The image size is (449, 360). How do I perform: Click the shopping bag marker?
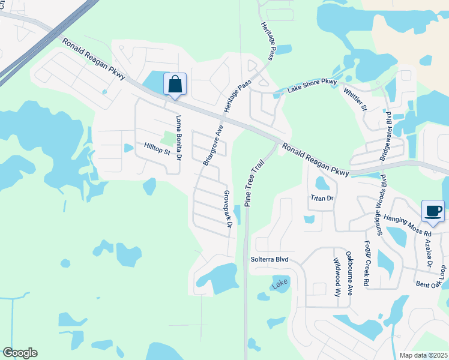[x=175, y=85]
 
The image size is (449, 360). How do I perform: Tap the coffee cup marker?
[x=433, y=211]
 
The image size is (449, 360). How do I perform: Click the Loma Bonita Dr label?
[x=178, y=137]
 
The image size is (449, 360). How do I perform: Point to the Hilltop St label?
[x=157, y=149]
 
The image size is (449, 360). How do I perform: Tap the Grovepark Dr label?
[x=228, y=209]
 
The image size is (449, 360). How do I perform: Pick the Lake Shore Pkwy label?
[x=312, y=85]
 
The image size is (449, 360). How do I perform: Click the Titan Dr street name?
[x=321, y=197]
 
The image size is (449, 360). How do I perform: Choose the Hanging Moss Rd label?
[x=408, y=224]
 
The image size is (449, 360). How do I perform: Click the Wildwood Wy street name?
[x=337, y=277]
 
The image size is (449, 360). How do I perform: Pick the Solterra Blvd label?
[x=270, y=259]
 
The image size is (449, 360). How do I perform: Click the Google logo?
[x=20, y=353]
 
